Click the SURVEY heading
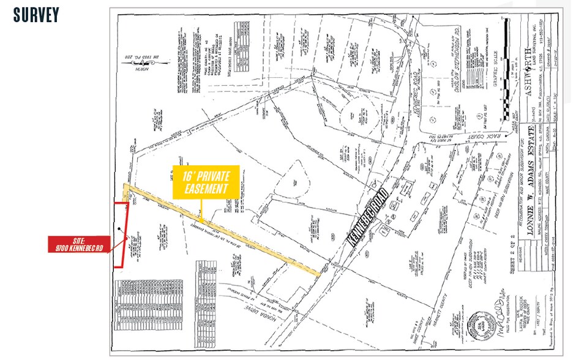tap(36, 15)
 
